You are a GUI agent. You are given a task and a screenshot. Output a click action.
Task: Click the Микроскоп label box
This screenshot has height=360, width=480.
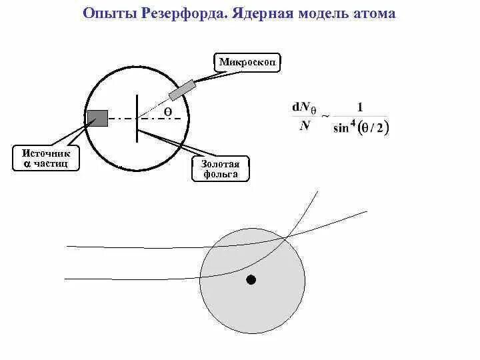pos(247,63)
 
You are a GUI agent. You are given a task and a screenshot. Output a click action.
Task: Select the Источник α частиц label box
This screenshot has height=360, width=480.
pos(46,158)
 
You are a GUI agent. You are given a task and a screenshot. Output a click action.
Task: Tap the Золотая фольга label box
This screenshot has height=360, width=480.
pos(220,169)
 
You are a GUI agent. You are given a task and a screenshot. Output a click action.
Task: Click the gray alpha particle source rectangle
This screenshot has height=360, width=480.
pos(97,118)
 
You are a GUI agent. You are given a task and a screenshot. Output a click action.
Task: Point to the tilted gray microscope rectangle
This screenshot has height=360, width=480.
pos(182,89)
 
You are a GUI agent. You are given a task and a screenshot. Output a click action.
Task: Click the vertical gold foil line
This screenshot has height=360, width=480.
pos(137,118)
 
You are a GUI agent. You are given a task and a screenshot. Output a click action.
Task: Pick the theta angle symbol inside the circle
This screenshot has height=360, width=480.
pos(168,112)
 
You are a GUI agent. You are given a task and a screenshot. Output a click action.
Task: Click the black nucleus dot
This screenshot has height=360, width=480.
pos(251,279)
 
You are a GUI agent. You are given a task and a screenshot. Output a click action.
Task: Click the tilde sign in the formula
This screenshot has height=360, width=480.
pos(325,116)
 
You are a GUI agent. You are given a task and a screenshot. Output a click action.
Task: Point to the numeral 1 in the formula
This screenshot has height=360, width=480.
pos(360,107)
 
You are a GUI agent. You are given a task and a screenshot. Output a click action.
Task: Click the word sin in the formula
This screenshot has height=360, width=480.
pos(342,127)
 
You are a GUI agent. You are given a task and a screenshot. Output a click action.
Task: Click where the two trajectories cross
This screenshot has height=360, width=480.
pos(287,236)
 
